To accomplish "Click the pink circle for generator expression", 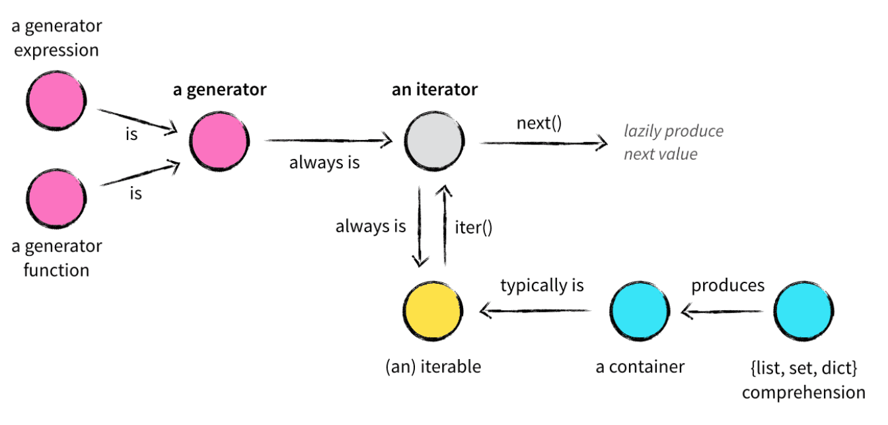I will pyautogui.click(x=56, y=103).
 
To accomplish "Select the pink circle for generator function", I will pyautogui.click(x=56, y=198).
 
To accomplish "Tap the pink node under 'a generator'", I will pyautogui.click(x=219, y=140).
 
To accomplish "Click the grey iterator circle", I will pyautogui.click(x=434, y=140).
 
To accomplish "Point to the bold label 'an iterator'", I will pyautogui.click(x=434, y=90).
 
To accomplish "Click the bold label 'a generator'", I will pyautogui.click(x=219, y=90).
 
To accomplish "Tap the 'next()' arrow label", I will pyautogui.click(x=538, y=123).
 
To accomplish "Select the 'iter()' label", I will pyautogui.click(x=474, y=227).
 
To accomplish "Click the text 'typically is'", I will pyautogui.click(x=542, y=286).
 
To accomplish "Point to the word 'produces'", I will pyautogui.click(x=727, y=286).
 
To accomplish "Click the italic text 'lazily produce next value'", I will pyautogui.click(x=673, y=143).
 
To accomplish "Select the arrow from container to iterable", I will pyautogui.click(x=536, y=310).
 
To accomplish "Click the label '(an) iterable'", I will pyautogui.click(x=433, y=367).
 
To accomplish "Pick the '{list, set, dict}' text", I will pyautogui.click(x=803, y=367).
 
